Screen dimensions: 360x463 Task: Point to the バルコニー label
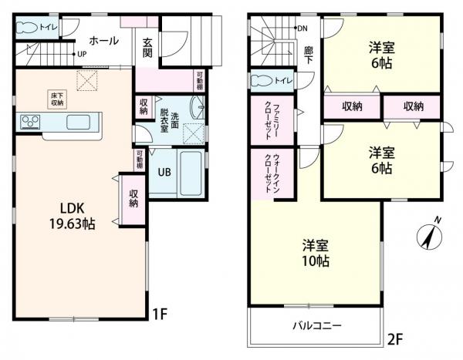click(x=316, y=325)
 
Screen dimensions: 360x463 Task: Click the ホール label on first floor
click(x=103, y=40)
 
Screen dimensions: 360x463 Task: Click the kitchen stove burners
click(x=31, y=121)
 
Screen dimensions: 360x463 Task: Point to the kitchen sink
click(x=79, y=122)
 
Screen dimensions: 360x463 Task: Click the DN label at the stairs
click(x=302, y=29)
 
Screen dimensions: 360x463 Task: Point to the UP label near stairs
click(x=80, y=55)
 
